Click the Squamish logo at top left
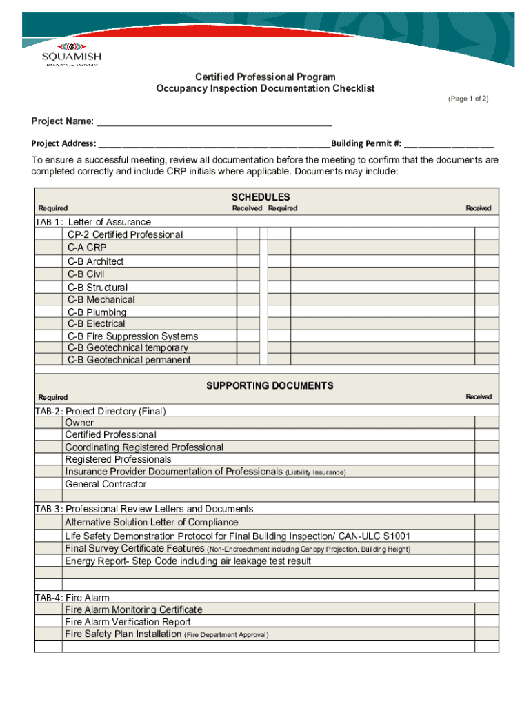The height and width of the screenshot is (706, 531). (70, 54)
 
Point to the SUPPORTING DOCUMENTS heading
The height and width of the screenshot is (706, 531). (270, 385)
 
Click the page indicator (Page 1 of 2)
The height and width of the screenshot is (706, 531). (468, 99)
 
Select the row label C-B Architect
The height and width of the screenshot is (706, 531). (96, 261)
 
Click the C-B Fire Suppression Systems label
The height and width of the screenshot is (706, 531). (132, 336)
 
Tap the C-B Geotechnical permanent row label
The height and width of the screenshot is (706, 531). (129, 359)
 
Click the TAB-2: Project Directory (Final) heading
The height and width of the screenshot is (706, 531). (101, 411)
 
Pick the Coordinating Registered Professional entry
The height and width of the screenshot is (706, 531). (144, 447)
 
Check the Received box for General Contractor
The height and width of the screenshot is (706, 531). (487, 484)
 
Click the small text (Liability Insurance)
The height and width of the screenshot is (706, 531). (315, 472)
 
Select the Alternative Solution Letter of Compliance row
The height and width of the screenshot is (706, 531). (151, 523)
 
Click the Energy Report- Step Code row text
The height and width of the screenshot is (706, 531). (188, 561)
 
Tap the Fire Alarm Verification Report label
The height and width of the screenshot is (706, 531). (128, 622)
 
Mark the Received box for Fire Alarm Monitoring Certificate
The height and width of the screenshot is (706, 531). (487, 609)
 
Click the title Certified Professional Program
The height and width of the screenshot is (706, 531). (265, 77)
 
